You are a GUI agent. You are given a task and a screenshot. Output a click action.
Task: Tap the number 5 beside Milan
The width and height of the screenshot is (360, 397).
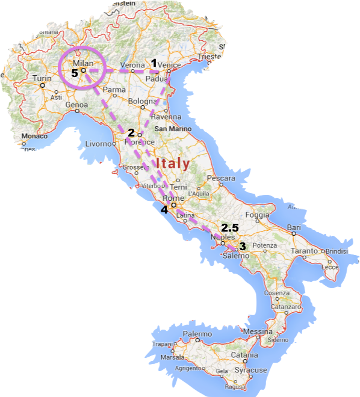(x=75, y=73)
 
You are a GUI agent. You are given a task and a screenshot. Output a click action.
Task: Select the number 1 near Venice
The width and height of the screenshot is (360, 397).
(x=154, y=63)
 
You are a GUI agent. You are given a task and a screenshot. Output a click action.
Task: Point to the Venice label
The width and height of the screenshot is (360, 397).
(x=170, y=65)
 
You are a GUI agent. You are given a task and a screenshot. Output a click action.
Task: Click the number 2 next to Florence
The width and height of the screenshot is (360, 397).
(x=131, y=132)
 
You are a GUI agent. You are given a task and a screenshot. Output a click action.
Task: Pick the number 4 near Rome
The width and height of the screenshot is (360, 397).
(x=164, y=210)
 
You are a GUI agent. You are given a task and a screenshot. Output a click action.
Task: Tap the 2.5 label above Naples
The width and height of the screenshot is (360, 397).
(x=230, y=228)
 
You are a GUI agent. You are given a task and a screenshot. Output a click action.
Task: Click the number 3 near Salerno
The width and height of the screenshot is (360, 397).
(x=243, y=246)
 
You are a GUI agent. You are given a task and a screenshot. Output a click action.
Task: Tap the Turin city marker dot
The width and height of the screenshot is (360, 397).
(x=43, y=85)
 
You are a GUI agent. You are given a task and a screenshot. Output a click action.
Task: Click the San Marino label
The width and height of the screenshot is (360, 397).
(x=173, y=129)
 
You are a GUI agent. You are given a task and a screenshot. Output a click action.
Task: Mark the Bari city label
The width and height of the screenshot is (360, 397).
(x=294, y=227)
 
